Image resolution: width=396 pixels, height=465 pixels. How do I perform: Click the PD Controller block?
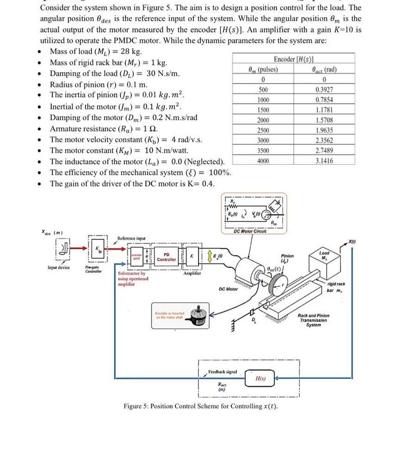pyautogui.click(x=166, y=257)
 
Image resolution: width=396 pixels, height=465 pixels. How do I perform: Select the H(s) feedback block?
pyautogui.click(x=260, y=379)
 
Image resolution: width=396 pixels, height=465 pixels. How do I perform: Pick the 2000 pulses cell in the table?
pyautogui.click(x=263, y=120)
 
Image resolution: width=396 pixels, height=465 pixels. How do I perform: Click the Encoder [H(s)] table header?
pyautogui.click(x=294, y=60)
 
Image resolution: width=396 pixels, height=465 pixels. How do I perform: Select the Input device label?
pyautogui.click(x=58, y=268)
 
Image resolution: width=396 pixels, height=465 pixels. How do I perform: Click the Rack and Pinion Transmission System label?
pyautogui.click(x=314, y=320)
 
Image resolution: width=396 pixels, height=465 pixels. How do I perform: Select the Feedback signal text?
pyautogui.click(x=222, y=371)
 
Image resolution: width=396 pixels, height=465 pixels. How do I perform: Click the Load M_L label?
pyautogui.click(x=324, y=255)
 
